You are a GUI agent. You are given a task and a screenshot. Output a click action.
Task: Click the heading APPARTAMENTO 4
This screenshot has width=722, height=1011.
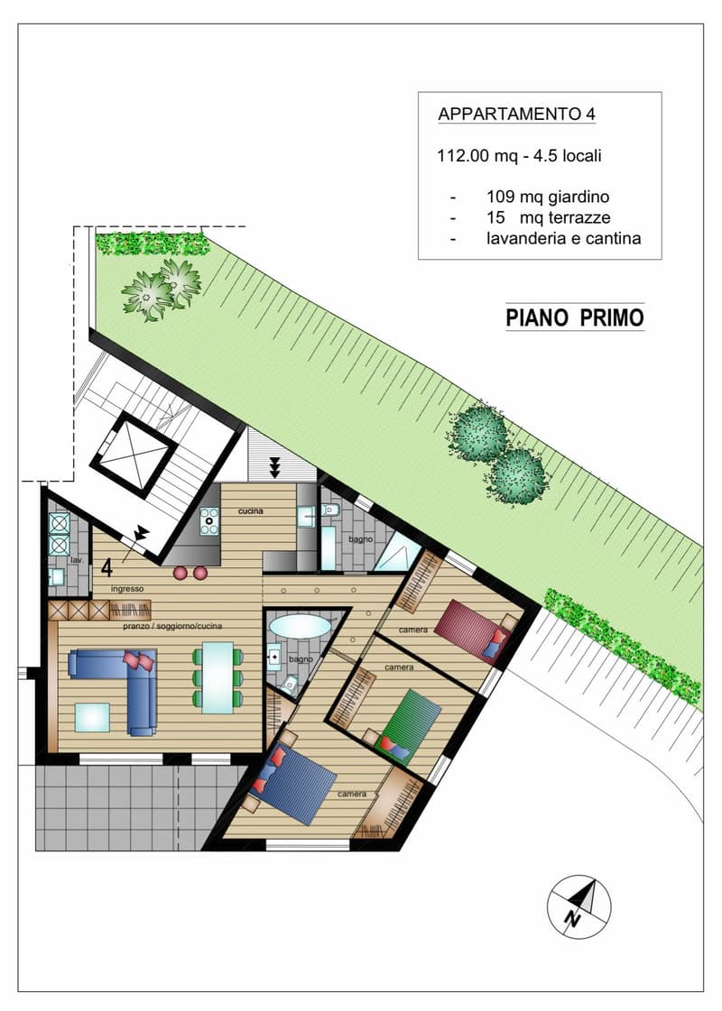(517, 115)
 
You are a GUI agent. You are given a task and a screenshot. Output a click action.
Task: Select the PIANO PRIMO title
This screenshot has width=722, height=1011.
(575, 317)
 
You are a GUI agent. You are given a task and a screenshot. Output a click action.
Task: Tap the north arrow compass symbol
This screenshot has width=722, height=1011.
(579, 906)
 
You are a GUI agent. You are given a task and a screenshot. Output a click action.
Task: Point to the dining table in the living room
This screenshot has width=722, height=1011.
(218, 677)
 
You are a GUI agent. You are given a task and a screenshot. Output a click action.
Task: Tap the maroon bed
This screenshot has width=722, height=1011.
(474, 630)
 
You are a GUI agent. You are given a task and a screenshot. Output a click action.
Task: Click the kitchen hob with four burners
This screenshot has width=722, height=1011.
(209, 521)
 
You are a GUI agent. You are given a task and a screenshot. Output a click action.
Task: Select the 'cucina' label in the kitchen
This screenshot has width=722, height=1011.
(250, 510)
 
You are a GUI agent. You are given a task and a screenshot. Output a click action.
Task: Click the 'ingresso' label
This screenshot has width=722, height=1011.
(127, 589)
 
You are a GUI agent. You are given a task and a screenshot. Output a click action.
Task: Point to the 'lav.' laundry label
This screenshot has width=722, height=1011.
(78, 560)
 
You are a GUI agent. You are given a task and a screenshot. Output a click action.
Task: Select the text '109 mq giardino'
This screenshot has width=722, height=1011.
(548, 197)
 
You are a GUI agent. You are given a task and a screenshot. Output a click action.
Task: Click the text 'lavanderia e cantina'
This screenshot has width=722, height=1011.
(563, 239)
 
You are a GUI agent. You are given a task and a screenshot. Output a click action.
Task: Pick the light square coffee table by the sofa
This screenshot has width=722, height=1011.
(92, 718)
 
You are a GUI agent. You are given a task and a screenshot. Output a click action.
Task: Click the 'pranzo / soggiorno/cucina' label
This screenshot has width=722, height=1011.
(172, 625)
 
